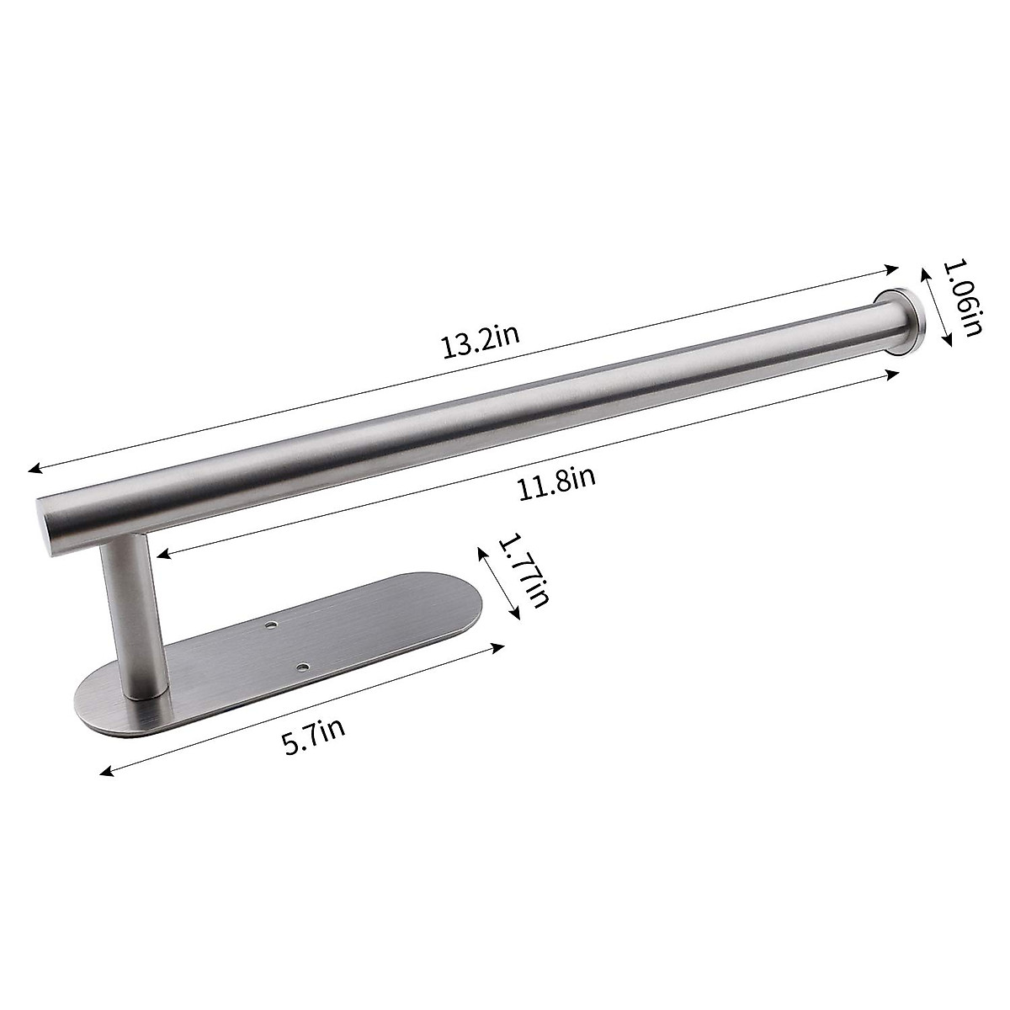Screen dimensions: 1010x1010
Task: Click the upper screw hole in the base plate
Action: (x=272, y=627)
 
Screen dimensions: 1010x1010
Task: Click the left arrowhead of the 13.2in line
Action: (x=32, y=470)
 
